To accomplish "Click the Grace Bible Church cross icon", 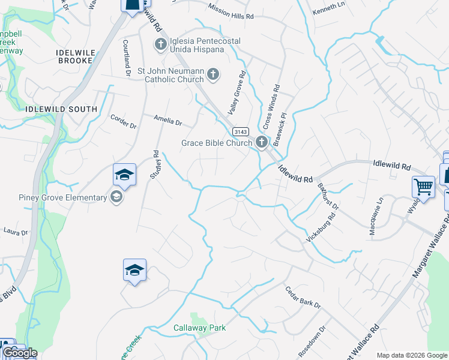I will click(261, 143).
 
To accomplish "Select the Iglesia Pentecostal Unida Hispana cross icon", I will click(160, 44).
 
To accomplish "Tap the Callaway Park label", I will click(199, 328).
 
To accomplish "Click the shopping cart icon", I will click(423, 187).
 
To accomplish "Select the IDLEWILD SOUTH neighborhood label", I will click(62, 109).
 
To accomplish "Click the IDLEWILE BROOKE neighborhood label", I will click(74, 56).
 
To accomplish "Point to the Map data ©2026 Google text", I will click(412, 355).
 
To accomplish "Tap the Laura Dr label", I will click(16, 230).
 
